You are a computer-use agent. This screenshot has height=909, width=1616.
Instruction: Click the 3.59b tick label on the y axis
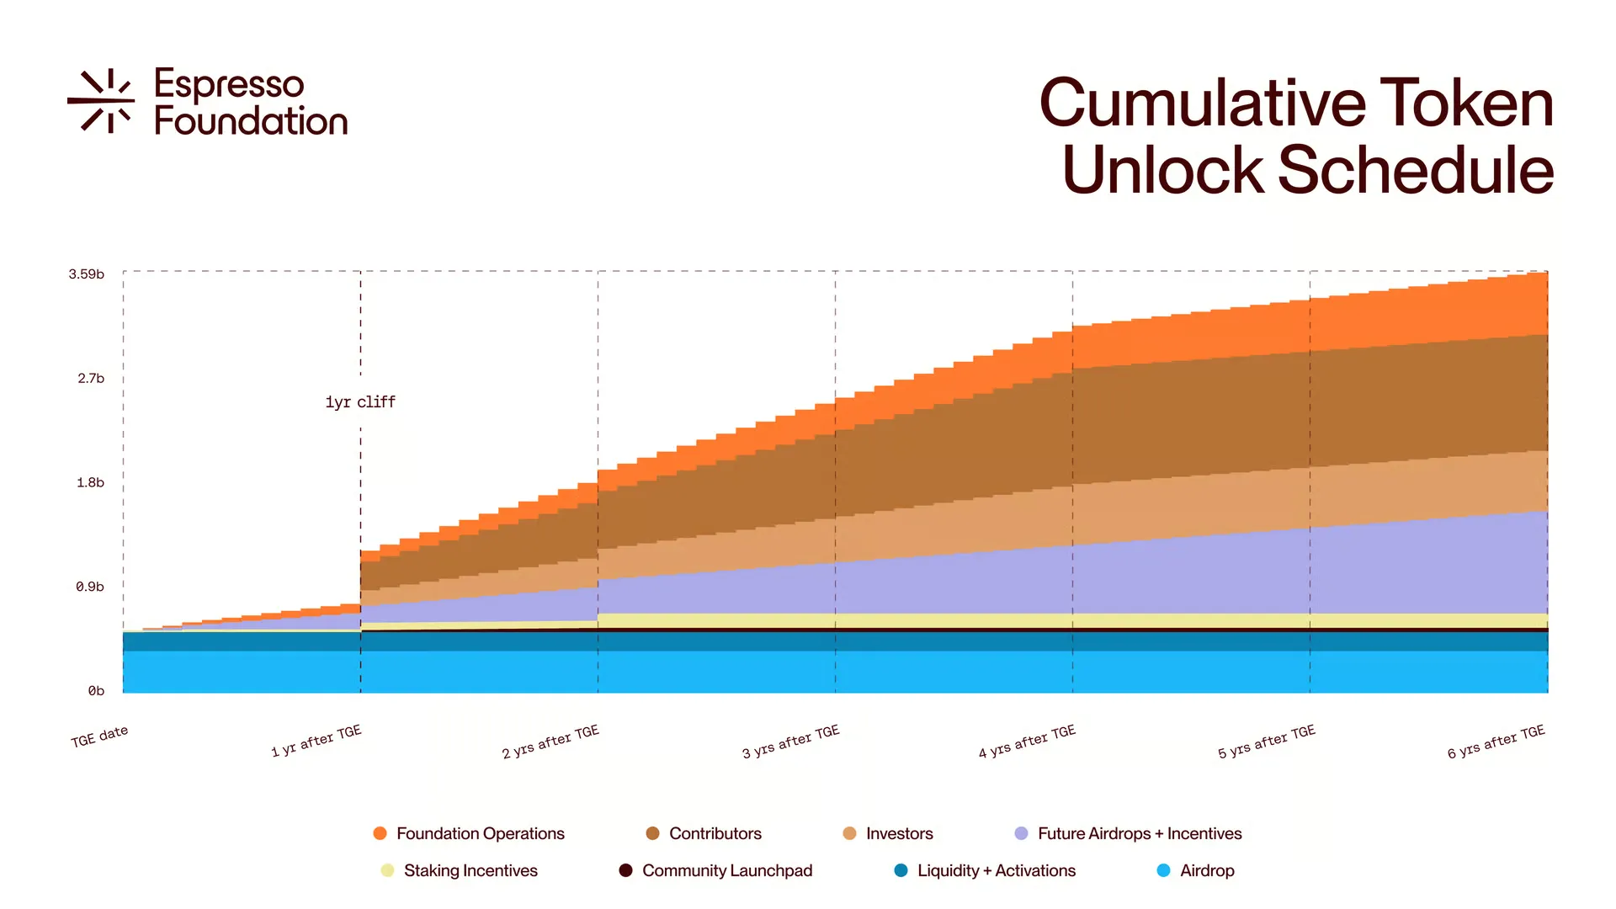point(87,274)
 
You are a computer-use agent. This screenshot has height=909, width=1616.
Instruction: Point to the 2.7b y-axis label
point(91,379)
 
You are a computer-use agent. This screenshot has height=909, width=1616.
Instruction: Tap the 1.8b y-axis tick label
point(91,483)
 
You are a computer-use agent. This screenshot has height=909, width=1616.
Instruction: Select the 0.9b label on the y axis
point(90,587)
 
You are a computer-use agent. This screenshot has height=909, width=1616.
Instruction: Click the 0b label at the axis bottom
point(96,691)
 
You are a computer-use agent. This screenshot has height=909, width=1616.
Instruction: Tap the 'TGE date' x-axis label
point(99,736)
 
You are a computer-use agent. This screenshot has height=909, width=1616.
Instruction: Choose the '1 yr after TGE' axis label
point(316,741)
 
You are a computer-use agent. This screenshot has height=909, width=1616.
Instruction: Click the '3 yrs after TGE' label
point(790,742)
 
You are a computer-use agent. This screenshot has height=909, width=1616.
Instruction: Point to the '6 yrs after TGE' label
point(1496,742)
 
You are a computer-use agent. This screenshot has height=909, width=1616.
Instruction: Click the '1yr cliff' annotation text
point(360,402)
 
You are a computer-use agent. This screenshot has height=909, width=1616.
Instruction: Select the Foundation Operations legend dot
point(380,833)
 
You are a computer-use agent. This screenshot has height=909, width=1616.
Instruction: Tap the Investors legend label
point(899,833)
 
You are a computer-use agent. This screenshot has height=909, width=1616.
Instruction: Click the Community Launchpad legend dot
point(625,870)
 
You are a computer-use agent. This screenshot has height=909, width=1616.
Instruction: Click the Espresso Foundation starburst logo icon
point(101,101)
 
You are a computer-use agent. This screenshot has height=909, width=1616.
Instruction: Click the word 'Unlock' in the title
point(1162,170)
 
